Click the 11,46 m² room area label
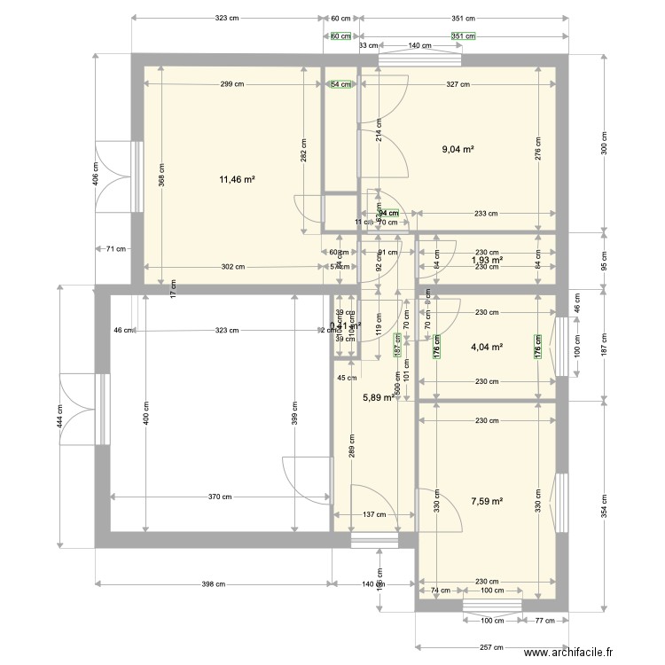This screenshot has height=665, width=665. [x=237, y=179]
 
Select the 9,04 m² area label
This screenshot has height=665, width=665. [x=458, y=150]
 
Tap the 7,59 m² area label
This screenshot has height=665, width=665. [x=487, y=501]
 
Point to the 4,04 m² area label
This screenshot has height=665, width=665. [x=487, y=347]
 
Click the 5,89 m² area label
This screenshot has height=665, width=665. [x=379, y=398]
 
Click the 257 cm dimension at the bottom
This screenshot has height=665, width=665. [x=482, y=647]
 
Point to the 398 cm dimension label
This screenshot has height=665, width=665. [x=214, y=583]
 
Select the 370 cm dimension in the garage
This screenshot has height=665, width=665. [x=221, y=497]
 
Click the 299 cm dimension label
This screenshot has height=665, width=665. [x=232, y=84]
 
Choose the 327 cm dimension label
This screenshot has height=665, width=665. [x=458, y=84]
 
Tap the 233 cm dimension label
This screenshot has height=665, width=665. [x=484, y=213]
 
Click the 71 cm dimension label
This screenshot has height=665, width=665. [x=114, y=249]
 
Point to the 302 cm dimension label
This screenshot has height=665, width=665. [x=232, y=266]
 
